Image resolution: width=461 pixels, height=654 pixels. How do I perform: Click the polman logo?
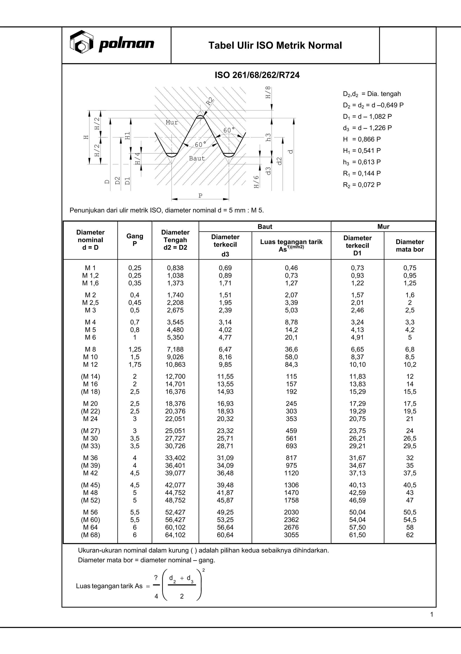pos(112,43)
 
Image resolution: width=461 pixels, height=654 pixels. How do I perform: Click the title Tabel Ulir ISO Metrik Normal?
pos(275,46)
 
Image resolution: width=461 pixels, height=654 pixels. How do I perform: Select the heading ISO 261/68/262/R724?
pos(257,75)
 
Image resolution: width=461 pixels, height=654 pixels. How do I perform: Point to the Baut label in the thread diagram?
pos(197,158)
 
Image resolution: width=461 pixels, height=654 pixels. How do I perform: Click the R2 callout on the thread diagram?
pos(210,101)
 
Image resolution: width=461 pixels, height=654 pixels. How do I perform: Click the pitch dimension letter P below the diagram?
pos(200,196)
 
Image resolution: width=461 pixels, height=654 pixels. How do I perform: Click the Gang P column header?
pos(135,240)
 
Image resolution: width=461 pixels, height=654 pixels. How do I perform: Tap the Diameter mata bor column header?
pos(410,246)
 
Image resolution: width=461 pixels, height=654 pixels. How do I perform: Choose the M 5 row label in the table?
pos(90,330)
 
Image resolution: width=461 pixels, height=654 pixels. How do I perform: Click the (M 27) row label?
pos(90,431)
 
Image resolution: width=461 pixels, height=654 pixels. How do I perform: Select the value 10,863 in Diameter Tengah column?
pos(175,365)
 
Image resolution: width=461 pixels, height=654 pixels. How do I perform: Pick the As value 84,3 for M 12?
pos(291,365)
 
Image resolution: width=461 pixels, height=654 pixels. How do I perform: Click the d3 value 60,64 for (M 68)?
pos(225,535)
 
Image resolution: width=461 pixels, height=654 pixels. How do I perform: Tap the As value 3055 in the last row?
pos(291,535)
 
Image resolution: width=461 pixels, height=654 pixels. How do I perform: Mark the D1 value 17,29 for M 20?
pos(357,404)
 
